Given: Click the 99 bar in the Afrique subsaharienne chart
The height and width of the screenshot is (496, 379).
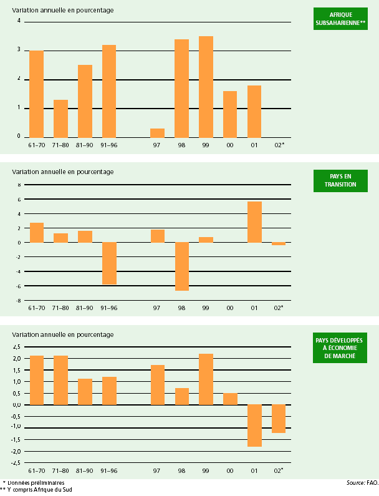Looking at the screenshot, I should pos(206,87).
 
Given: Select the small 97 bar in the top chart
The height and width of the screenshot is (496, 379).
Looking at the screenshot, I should pos(157,133).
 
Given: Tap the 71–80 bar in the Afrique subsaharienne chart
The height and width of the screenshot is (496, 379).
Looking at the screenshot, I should pos(60,119).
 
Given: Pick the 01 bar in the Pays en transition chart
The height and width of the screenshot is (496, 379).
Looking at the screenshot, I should pos(254,222).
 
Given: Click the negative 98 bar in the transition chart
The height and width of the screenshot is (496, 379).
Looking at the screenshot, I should pos(181,266).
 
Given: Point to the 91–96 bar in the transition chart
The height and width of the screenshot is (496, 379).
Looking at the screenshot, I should pos(109,263).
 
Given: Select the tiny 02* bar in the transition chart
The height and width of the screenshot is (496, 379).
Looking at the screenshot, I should pos(279,244).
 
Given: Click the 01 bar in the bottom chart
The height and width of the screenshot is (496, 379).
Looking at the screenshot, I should pos(254,425).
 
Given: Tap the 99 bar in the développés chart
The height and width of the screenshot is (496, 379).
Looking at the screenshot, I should pos(206,379).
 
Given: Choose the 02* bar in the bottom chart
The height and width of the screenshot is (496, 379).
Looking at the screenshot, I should pos(279,419).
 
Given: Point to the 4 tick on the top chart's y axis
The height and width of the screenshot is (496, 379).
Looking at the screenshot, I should pos(19,21).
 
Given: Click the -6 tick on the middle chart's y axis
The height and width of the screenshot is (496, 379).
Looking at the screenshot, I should pos(19,286).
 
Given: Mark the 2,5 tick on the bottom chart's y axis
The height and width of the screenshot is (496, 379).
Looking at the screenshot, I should pos(17,347).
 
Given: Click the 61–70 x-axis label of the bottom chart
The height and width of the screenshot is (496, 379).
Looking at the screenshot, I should pos(37,470).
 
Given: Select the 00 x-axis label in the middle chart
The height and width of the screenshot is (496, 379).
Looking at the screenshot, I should pos(230,308).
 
